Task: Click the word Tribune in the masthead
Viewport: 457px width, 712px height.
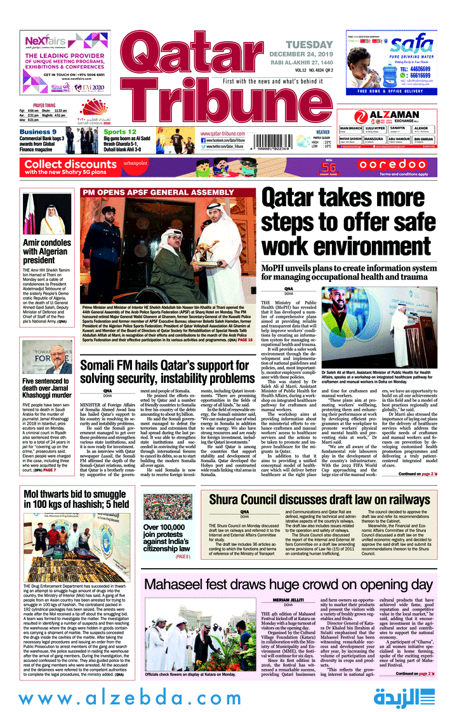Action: tap(194, 101)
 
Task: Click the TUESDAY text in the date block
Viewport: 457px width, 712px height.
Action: tap(308, 45)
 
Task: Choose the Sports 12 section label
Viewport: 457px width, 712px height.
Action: tap(120, 132)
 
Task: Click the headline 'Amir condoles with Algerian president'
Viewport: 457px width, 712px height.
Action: tap(47, 251)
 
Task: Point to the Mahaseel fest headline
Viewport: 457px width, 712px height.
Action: tap(289, 584)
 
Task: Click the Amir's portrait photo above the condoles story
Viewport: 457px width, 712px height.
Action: tap(48, 214)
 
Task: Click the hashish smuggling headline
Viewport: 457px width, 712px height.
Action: tap(76, 499)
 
